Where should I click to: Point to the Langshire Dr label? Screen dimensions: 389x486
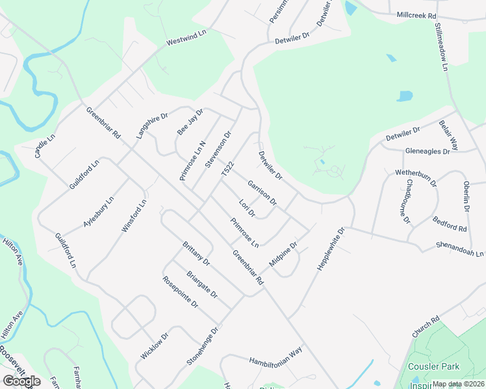pyautogui.click(x=152, y=125)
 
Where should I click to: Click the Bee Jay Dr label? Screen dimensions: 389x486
pyautogui.click(x=190, y=122)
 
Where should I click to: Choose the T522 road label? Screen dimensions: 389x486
pyautogui.click(x=227, y=170)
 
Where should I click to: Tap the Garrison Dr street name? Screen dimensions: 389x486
pyautogui.click(x=262, y=191)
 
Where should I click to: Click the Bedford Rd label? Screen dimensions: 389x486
pyautogui.click(x=450, y=224)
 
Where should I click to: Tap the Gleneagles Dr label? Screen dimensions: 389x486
pyautogui.click(x=427, y=151)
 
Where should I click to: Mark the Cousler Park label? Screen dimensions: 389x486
pyautogui.click(x=434, y=366)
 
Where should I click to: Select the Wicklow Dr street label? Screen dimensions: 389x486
pyautogui.click(x=155, y=346)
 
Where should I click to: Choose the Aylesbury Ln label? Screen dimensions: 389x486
pyautogui.click(x=99, y=211)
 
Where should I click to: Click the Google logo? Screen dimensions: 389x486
pyautogui.click(x=22, y=381)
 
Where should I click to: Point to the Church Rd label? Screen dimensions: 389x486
pyautogui.click(x=426, y=326)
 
